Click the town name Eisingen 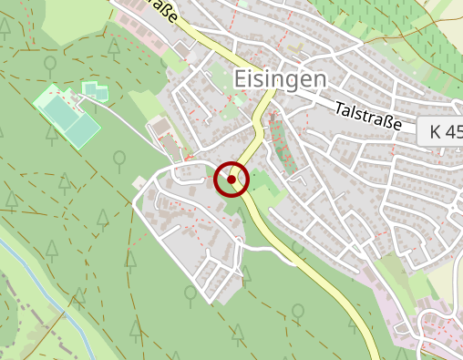pyautogui.click(x=280, y=79)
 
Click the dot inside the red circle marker pyautogui.click(x=231, y=180)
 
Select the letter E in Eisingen pyautogui.click(x=241, y=79)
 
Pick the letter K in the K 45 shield pyautogui.click(x=437, y=131)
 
